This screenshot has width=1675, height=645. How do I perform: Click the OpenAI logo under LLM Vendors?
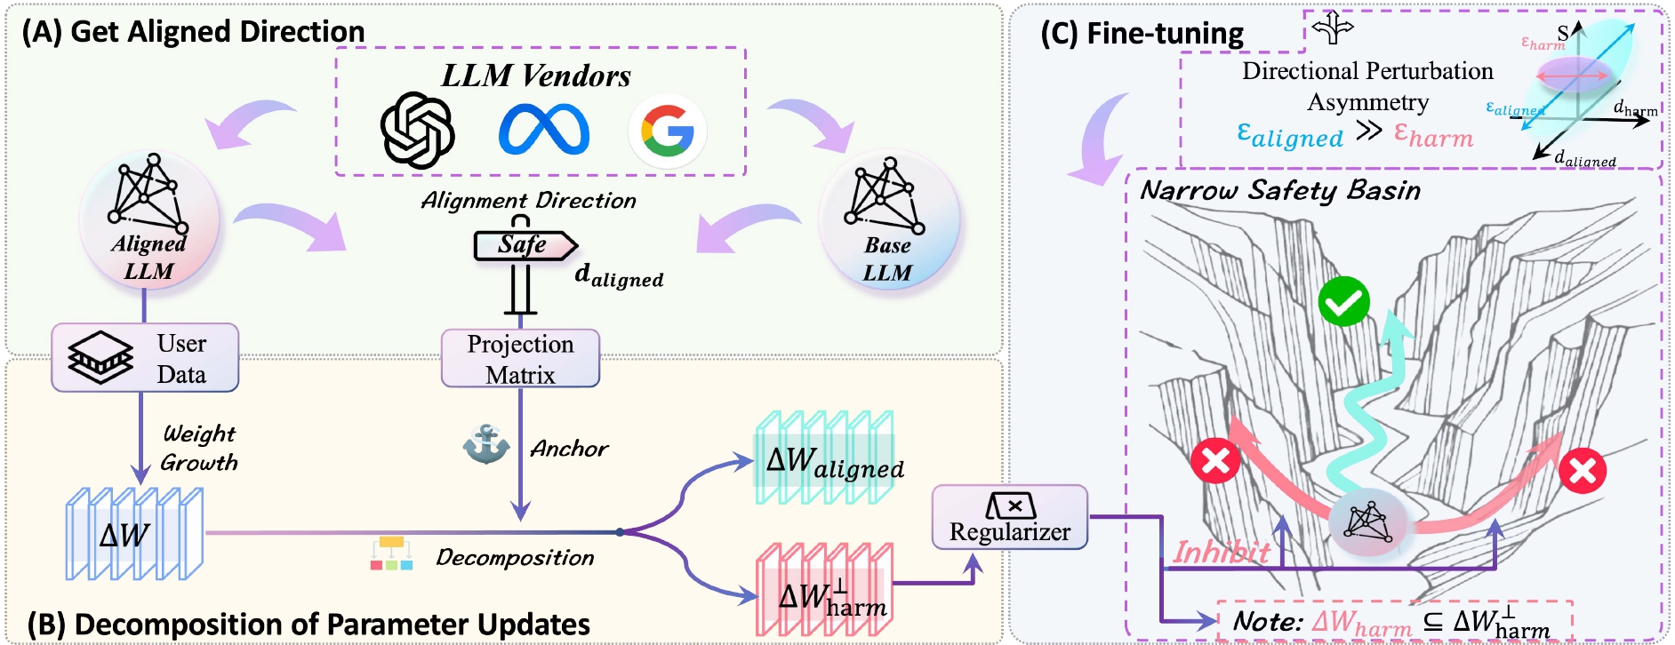pyautogui.click(x=417, y=131)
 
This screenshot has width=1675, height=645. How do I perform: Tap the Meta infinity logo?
pyautogui.click(x=544, y=130)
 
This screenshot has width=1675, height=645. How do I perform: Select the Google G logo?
pyautogui.click(x=667, y=131)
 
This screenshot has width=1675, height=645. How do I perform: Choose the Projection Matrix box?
pyautogui.click(x=520, y=358)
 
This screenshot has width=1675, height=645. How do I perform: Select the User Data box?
pyautogui.click(x=145, y=358)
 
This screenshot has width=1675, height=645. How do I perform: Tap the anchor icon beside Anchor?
pyautogui.click(x=485, y=444)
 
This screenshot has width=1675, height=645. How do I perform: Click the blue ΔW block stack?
pyautogui.click(x=134, y=534)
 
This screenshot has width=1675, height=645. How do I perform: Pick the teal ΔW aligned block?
pyautogui.click(x=824, y=458)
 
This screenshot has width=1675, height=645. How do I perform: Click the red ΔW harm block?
pyautogui.click(x=824, y=591)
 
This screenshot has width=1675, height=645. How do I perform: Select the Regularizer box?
pyautogui.click(x=1009, y=517)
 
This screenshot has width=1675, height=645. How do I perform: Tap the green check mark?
pyautogui.click(x=1343, y=302)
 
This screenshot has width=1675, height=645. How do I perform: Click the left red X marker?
pyautogui.click(x=1215, y=460)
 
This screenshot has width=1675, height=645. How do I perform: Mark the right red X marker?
pyautogui.click(x=1583, y=470)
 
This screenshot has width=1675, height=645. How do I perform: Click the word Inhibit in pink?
pyautogui.click(x=1222, y=553)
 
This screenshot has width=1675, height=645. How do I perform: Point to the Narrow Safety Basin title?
pyautogui.click(x=1280, y=191)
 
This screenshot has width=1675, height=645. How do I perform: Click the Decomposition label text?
pyautogui.click(x=515, y=558)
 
